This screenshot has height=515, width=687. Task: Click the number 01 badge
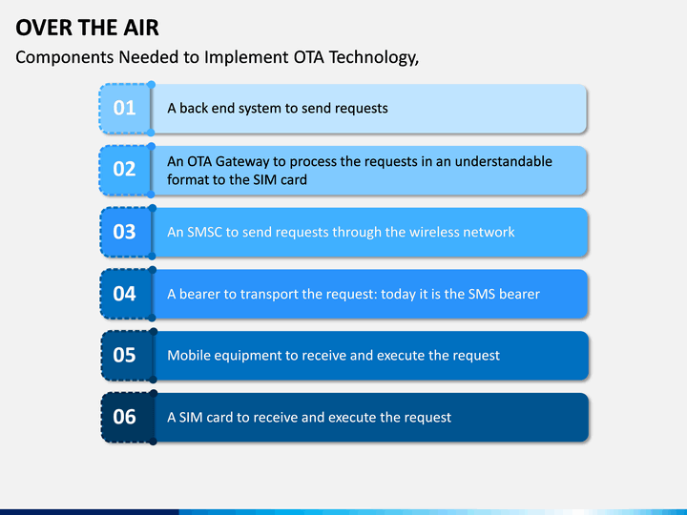[x=125, y=108]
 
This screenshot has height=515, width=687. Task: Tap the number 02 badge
[x=125, y=170]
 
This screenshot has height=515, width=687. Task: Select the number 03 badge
[x=126, y=232]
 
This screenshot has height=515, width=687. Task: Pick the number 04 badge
[x=126, y=294]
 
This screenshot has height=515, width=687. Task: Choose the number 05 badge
[x=127, y=356]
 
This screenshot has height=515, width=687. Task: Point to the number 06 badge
[x=127, y=418]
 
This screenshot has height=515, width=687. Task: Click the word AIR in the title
[x=141, y=28]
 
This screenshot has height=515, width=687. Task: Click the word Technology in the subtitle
[x=374, y=58]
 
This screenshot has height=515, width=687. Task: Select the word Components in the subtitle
[x=65, y=58]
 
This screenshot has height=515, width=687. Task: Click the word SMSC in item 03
[x=205, y=232]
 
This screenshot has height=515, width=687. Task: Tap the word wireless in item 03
[x=435, y=232]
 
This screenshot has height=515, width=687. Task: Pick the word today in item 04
[x=398, y=294]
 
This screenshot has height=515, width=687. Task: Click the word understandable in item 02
[x=504, y=161]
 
